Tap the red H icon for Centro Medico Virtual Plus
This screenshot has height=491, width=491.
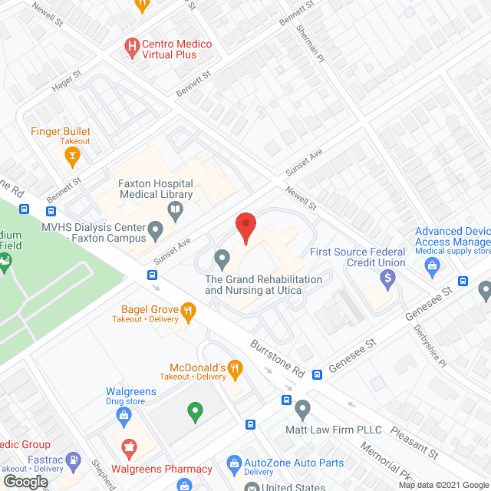pos(132,48)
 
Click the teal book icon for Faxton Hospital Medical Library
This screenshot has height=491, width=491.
pos(176,209)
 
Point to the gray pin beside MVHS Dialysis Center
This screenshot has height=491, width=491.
pos(157,228)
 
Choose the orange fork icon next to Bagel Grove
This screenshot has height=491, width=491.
pos(187,311)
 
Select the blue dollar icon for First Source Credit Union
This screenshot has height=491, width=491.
pos(388,277)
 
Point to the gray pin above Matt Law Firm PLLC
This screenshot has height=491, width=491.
pos(303,408)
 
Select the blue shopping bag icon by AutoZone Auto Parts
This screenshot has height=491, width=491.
pos(235,463)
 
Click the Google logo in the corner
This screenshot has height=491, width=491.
pos(25,481)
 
